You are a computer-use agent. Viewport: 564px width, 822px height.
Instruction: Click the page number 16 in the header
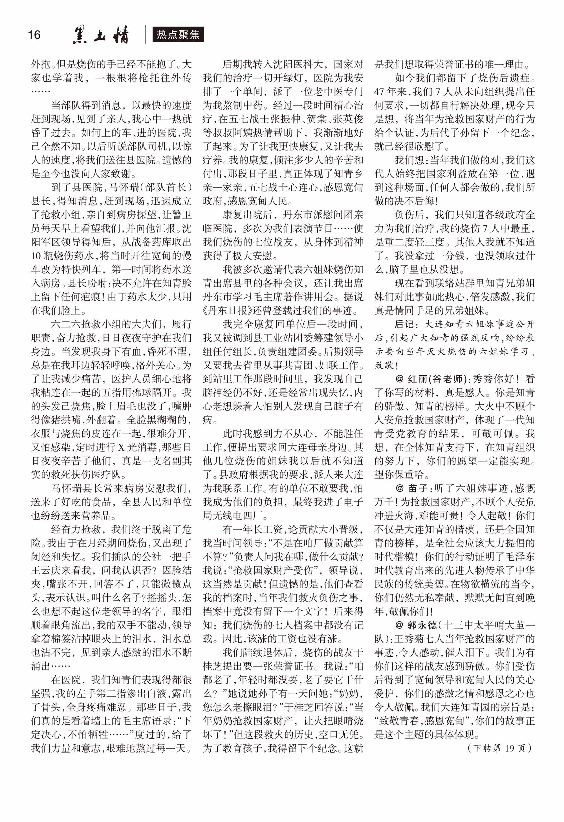pos(34,35)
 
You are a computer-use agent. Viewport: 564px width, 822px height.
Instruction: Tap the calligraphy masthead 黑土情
pos(101,35)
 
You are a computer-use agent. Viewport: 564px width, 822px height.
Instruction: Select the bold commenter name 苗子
pos(418,488)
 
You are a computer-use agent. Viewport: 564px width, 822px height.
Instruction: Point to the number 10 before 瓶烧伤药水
pos(36,256)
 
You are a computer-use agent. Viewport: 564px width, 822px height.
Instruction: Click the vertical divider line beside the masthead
pos(145,35)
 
